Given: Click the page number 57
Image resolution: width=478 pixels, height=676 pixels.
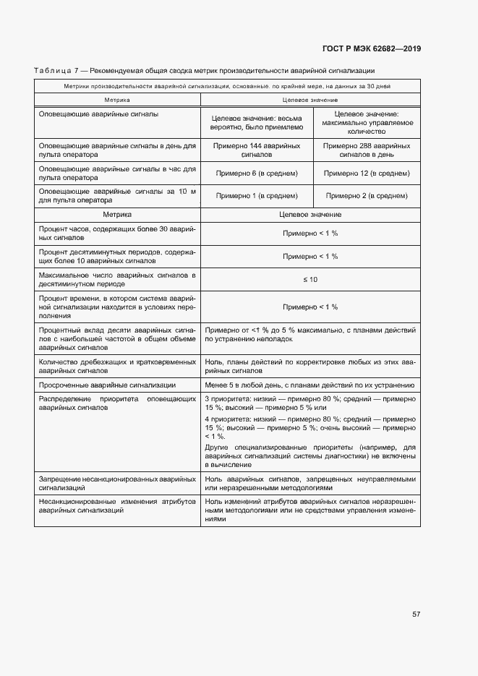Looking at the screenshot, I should pos(416,614).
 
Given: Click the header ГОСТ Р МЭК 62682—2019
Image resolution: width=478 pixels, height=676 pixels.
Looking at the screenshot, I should pos(371,49).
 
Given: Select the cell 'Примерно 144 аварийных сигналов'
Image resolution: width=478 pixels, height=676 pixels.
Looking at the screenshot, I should pos(257,150).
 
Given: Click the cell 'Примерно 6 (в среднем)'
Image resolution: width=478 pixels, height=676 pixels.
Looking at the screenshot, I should pos(257,174).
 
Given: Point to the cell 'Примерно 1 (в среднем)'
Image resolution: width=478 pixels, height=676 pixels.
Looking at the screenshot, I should pos(257,195).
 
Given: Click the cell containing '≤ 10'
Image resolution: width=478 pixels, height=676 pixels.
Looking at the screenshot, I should pos(310,279).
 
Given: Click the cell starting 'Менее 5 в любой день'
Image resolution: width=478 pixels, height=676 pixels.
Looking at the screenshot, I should pos(310,385).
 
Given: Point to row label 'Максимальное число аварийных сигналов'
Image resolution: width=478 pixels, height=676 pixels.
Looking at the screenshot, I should pos(117,279).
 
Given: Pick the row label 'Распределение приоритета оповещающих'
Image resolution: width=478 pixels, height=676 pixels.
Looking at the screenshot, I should pos(117,403).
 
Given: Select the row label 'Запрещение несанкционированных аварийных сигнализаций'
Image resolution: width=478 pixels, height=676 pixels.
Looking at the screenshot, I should pos(117,483).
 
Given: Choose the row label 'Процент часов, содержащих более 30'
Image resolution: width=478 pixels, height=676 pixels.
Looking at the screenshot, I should pos(117,233).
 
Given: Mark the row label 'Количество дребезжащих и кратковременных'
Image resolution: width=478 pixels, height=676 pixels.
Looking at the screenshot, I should pos(117,365).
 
